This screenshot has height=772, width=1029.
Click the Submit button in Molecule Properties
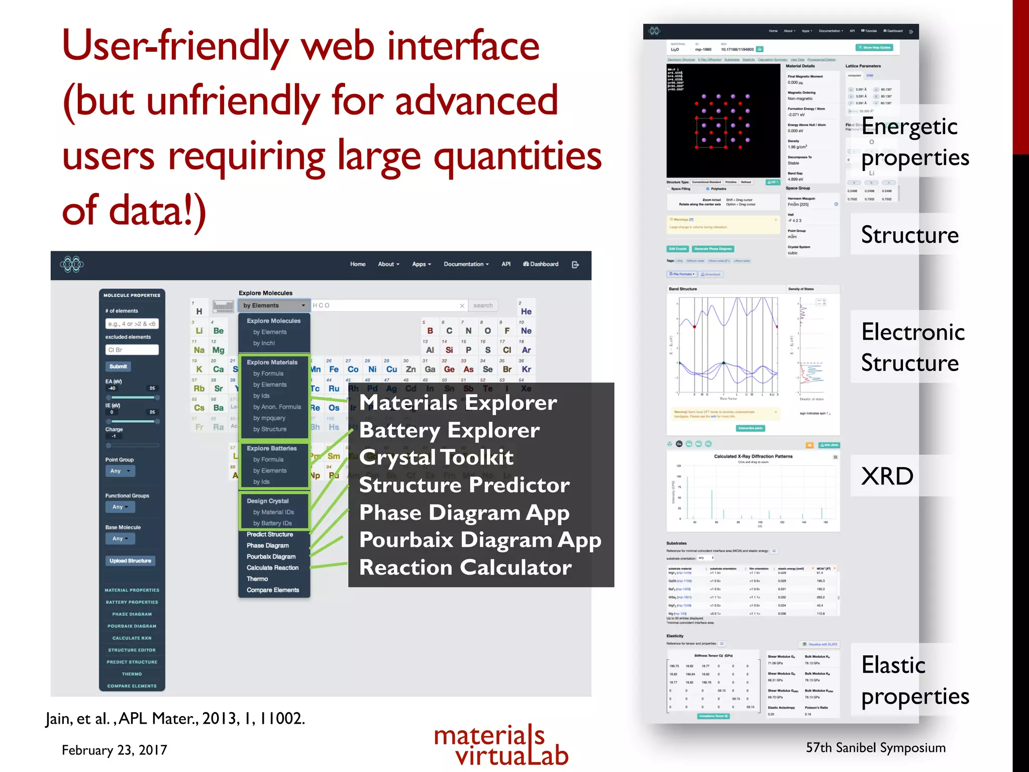(x=118, y=366)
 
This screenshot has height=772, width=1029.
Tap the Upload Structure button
(x=130, y=560)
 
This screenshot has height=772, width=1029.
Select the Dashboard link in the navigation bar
(x=541, y=264)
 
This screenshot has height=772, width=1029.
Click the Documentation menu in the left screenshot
(x=466, y=264)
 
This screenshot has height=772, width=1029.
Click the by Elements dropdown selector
(x=274, y=305)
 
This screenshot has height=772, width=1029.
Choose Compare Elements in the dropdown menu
(x=273, y=590)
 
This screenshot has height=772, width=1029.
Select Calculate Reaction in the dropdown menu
(x=272, y=567)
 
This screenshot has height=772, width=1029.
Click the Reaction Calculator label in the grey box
(x=465, y=567)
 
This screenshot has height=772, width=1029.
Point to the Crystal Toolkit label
(x=436, y=457)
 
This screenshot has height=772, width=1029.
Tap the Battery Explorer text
(x=449, y=430)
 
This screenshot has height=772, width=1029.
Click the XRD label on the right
(x=887, y=475)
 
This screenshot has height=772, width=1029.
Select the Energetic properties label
(x=914, y=142)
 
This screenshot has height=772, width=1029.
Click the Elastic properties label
(x=914, y=681)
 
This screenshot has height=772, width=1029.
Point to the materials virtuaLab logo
(x=501, y=745)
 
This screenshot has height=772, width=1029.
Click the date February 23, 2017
(x=114, y=750)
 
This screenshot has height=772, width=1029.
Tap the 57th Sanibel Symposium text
(x=875, y=747)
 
